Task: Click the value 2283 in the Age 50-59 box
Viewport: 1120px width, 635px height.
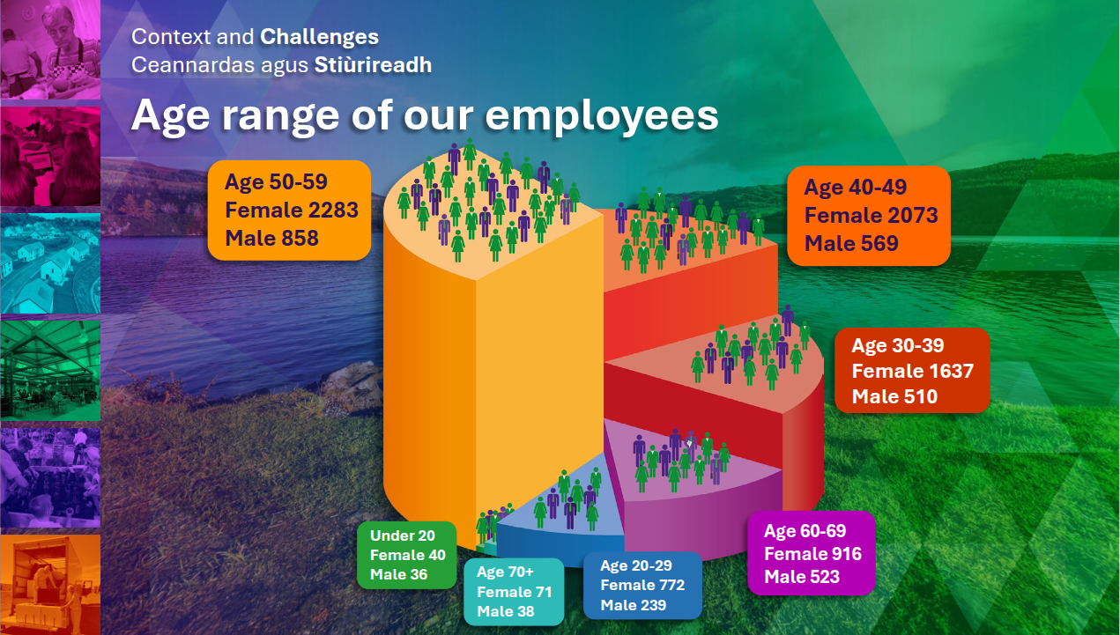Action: pyautogui.click(x=333, y=210)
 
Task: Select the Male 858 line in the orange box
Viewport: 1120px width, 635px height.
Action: pyautogui.click(x=271, y=239)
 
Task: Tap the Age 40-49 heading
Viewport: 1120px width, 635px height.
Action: pyautogui.click(x=855, y=188)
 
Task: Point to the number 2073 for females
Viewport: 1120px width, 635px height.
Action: pyautogui.click(x=913, y=215)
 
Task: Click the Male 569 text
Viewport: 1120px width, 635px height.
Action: pyautogui.click(x=851, y=244)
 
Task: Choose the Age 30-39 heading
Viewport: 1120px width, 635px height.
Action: pyautogui.click(x=898, y=345)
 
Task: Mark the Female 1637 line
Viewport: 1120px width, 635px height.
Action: pyautogui.click(x=913, y=371)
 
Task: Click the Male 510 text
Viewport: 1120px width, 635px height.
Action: pyautogui.click(x=894, y=396)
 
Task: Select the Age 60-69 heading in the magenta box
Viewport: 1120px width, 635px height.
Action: pyautogui.click(x=805, y=531)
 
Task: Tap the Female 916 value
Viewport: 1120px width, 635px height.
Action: pyautogui.click(x=812, y=554)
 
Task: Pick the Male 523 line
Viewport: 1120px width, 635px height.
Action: pyautogui.click(x=802, y=577)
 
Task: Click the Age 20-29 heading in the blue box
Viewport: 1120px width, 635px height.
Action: pyautogui.click(x=636, y=565)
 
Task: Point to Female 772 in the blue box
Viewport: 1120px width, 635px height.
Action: pyautogui.click(x=642, y=585)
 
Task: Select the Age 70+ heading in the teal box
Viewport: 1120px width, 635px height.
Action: pyautogui.click(x=505, y=572)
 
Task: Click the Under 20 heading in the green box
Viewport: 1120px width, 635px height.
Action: pyautogui.click(x=403, y=535)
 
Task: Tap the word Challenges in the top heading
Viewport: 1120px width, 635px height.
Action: pyautogui.click(x=320, y=37)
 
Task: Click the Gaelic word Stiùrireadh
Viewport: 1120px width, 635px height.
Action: pyautogui.click(x=373, y=65)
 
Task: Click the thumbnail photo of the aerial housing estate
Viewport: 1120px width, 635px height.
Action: pyautogui.click(x=50, y=263)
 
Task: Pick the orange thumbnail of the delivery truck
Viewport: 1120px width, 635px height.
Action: pyautogui.click(x=50, y=585)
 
